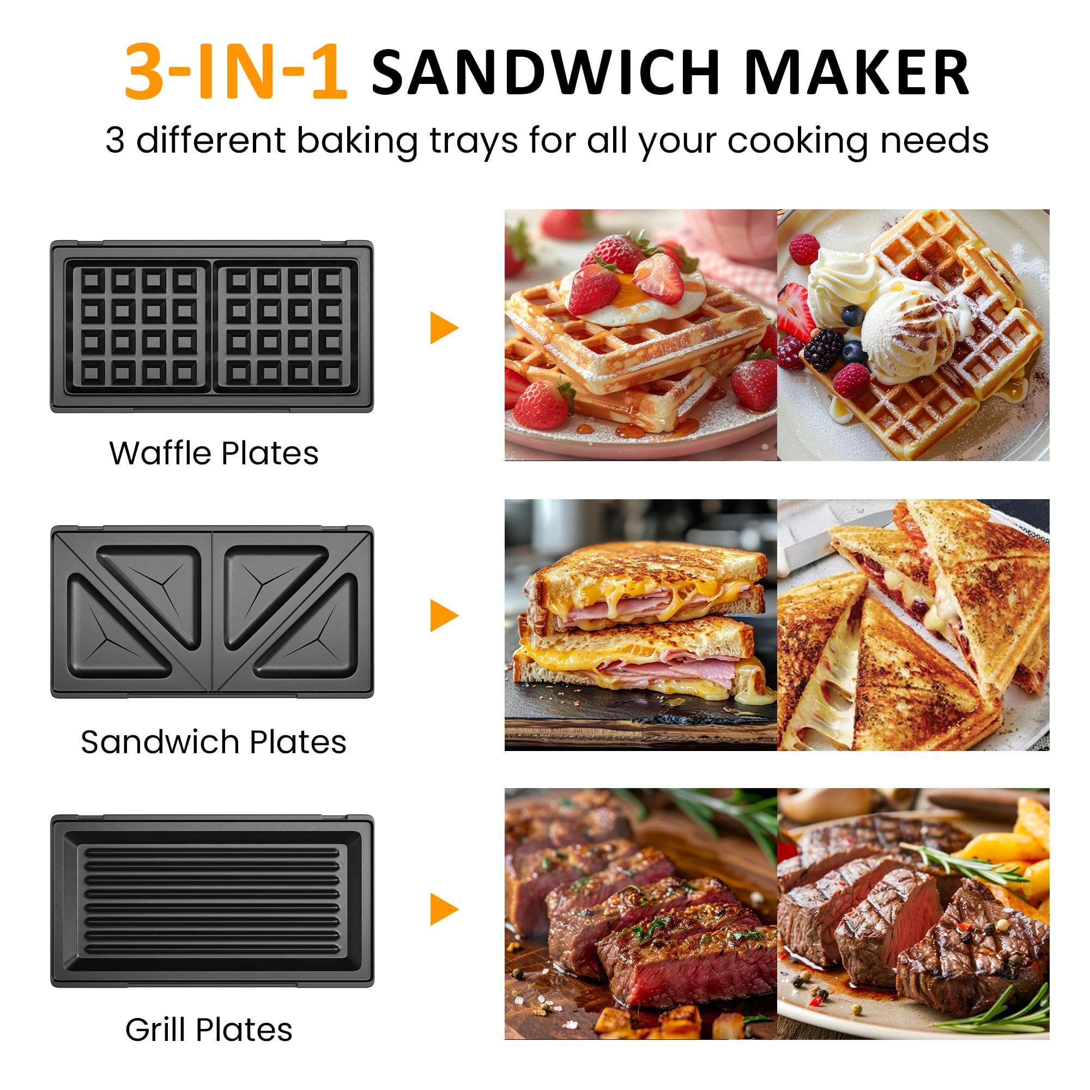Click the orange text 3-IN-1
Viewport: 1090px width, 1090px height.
(235, 72)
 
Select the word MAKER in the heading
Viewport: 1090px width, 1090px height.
(856, 72)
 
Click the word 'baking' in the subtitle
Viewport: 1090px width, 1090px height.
(357, 141)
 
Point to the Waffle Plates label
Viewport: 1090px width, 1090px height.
(214, 453)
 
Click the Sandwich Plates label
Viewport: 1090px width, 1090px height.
(213, 742)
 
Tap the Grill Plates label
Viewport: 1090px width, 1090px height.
(209, 1030)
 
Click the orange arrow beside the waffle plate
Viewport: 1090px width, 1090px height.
(443, 328)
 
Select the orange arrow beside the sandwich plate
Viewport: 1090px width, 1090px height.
(443, 615)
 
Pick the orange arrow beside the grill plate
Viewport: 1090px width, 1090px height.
(443, 909)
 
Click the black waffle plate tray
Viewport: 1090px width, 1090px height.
(212, 326)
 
